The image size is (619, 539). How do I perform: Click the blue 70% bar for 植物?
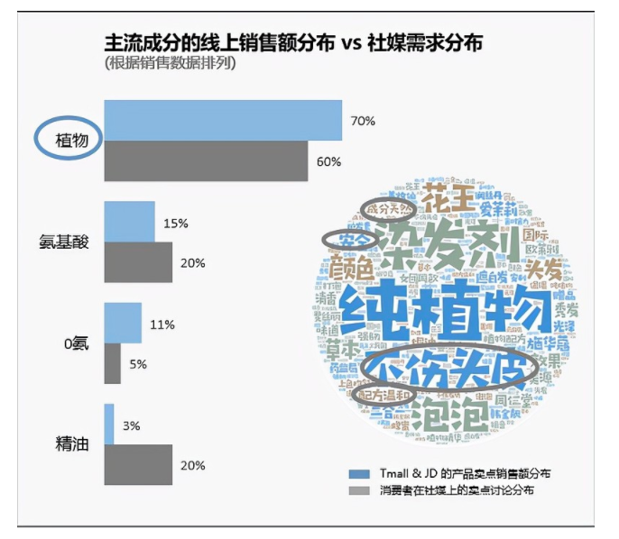(223, 120)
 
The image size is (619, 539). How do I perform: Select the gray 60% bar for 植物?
(206, 161)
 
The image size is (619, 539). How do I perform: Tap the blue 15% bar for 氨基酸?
(129, 222)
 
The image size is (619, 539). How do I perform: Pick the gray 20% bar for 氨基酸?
(137, 262)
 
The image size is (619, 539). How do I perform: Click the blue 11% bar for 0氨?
(123, 323)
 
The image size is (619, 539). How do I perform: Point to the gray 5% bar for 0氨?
(113, 364)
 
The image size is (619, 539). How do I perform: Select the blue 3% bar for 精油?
(109, 424)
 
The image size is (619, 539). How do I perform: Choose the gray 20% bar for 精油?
(137, 465)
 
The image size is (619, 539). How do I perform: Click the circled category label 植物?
(69, 141)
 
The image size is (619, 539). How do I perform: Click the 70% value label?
(363, 121)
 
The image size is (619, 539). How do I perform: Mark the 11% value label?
(162, 324)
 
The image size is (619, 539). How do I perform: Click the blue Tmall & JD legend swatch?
(358, 473)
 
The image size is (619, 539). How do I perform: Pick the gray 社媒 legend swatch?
(358, 491)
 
